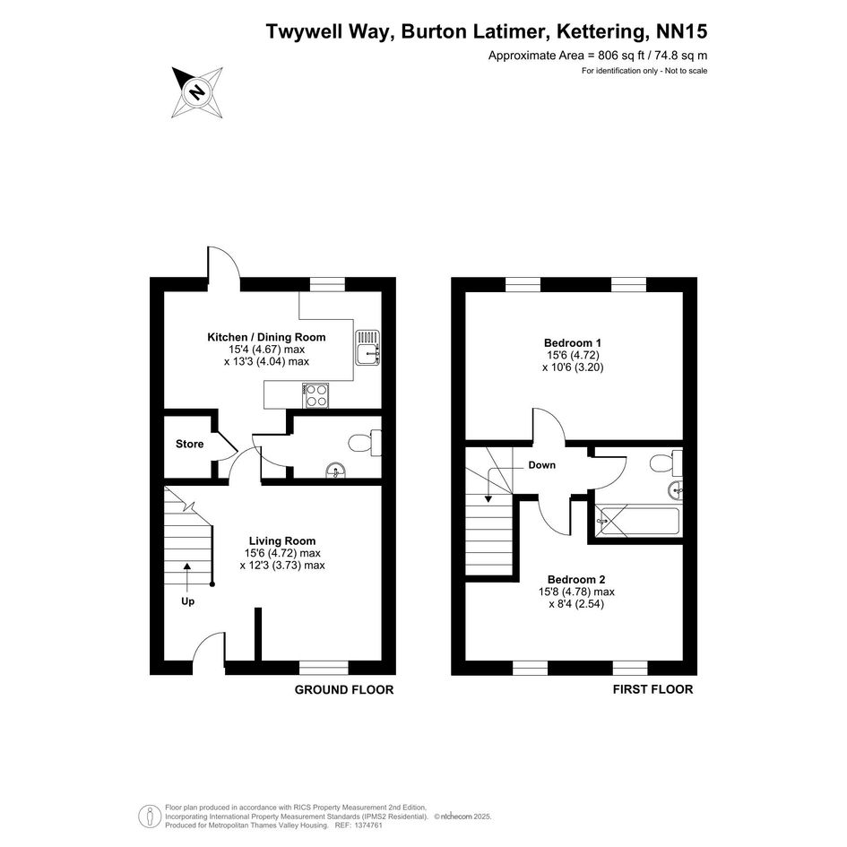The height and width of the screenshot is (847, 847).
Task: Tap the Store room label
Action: click(190, 444)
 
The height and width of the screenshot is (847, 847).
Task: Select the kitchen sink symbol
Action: click(367, 347)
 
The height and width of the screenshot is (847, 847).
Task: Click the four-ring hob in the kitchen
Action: click(316, 395)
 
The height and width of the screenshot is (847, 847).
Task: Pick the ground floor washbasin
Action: click(337, 471)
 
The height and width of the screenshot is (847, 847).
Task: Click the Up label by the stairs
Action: click(187, 601)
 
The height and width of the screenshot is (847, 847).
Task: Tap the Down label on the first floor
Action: click(541, 465)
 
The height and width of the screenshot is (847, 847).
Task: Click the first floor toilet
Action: click(667, 462)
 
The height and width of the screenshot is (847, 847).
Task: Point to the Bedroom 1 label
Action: click(573, 342)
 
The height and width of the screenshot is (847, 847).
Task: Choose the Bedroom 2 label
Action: click(576, 580)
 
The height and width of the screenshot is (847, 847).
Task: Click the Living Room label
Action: click(282, 540)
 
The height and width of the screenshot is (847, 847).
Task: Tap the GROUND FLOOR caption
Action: click(344, 690)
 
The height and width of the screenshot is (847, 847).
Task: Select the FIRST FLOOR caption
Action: click(653, 689)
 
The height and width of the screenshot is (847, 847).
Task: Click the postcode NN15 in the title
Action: click(681, 31)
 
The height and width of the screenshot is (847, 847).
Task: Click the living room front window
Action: click(324, 668)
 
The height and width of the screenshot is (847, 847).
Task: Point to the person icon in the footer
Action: click(146, 817)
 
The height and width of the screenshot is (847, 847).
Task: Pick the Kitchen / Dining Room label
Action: click(266, 338)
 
